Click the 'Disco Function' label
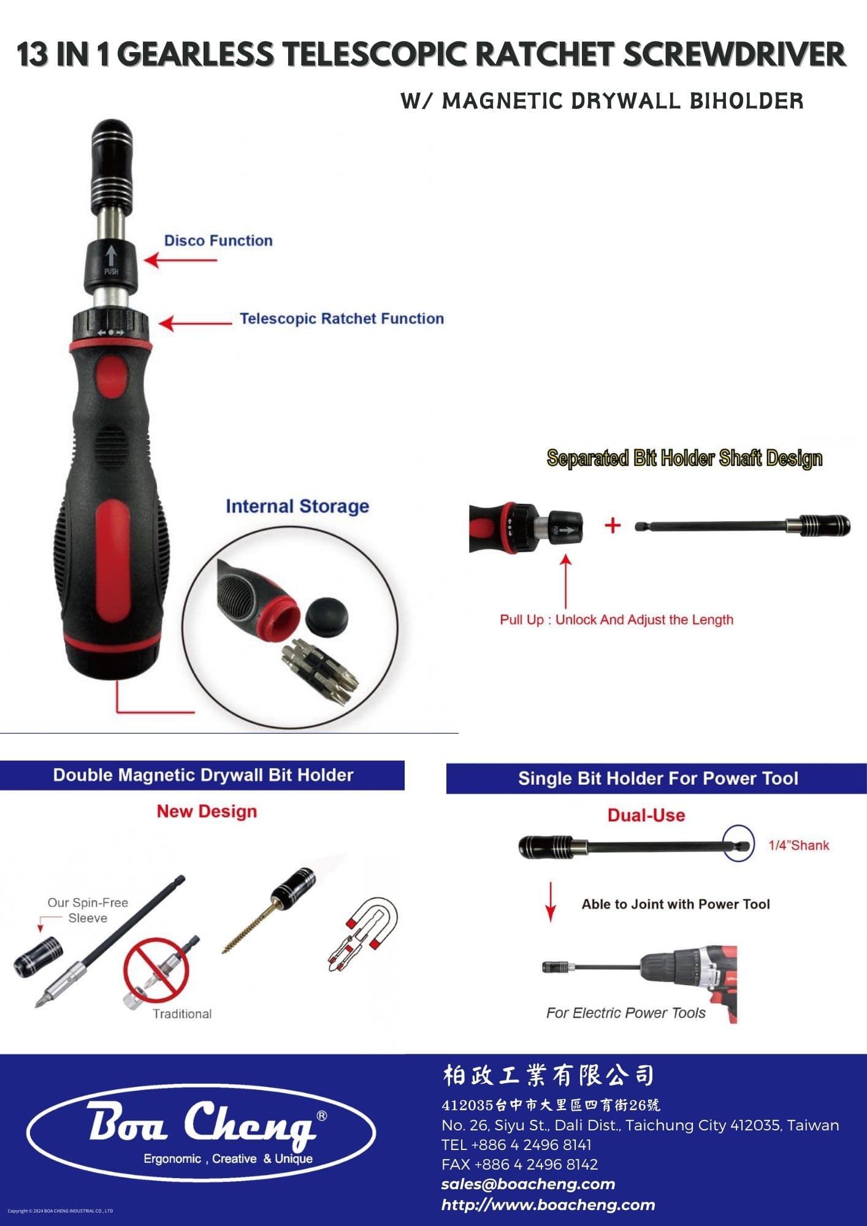[218, 240]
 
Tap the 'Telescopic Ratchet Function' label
[342, 319]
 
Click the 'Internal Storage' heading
[297, 506]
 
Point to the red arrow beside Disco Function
[180, 260]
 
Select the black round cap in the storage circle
[326, 616]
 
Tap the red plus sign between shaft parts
[613, 525]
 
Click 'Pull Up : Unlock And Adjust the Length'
[616, 620]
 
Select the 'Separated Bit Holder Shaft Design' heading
[684, 458]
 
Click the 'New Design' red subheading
[207, 811]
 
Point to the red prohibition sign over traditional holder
[156, 970]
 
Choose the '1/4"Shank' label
[798, 845]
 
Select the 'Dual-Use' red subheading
[646, 815]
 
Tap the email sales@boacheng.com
[528, 1184]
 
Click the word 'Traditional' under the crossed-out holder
[182, 1014]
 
